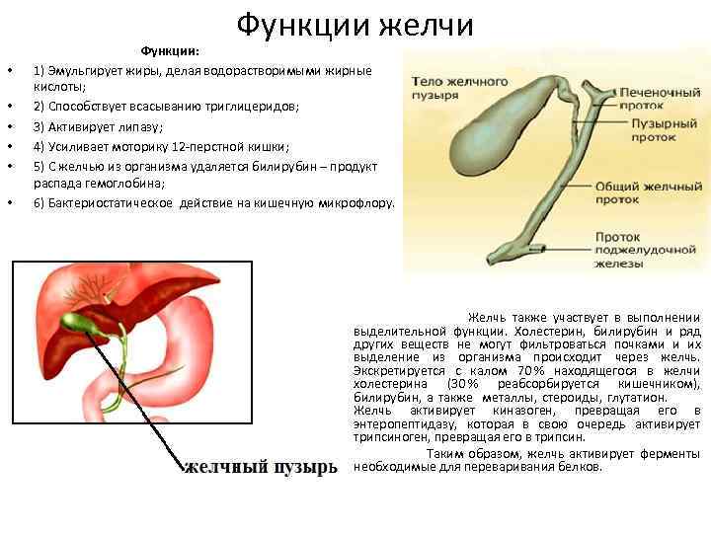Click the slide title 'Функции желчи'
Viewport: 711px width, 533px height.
(x=355, y=26)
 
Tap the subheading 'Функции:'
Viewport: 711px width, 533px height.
(x=170, y=50)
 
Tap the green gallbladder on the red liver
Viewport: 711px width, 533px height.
(x=74, y=323)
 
